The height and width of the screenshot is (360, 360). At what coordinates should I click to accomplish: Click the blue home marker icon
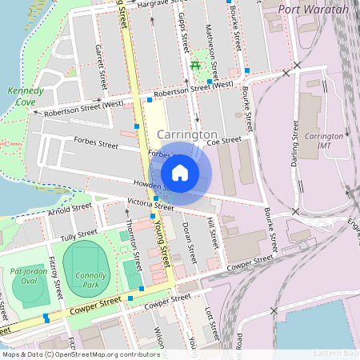coord(180,172)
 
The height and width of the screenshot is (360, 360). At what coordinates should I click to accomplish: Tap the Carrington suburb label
coord(187,134)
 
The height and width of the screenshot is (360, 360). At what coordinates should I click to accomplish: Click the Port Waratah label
coord(314,9)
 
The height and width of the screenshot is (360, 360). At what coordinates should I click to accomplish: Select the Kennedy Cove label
coord(26,97)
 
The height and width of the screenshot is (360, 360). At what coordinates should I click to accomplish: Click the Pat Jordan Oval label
coord(30,276)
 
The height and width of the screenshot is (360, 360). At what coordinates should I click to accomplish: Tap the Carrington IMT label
coord(324,142)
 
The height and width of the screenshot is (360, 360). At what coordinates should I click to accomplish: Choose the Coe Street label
coord(224,141)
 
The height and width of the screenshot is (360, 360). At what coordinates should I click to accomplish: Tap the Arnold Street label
coord(70,209)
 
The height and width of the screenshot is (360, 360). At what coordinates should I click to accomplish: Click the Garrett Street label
coord(102,67)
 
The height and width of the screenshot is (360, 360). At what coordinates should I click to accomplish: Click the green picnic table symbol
coord(195,65)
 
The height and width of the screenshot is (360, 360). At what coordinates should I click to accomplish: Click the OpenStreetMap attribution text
coord(81,354)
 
